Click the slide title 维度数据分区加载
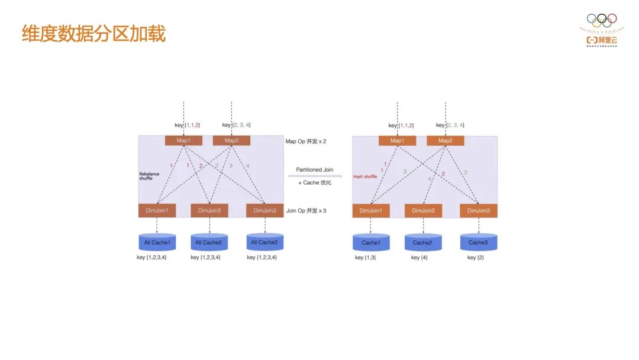click(x=93, y=34)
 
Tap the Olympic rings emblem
click(x=601, y=20)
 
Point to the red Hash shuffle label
click(x=365, y=176)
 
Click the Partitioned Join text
click(x=314, y=170)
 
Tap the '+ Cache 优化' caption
click(x=314, y=182)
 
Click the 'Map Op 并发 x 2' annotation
click(x=306, y=141)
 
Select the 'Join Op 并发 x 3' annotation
click(x=306, y=210)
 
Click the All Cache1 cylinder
click(x=157, y=242)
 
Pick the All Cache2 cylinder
click(x=209, y=242)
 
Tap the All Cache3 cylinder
click(x=264, y=242)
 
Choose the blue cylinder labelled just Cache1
click(x=371, y=242)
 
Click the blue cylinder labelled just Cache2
click(x=422, y=242)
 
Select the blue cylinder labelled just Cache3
click(x=478, y=242)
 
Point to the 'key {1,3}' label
click(x=366, y=258)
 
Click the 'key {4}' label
click(x=419, y=258)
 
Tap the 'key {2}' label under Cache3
click(x=476, y=258)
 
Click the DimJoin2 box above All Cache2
click(x=209, y=210)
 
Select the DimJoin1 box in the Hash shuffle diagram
click(x=371, y=210)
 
